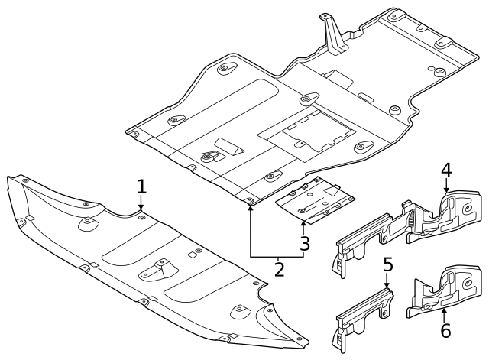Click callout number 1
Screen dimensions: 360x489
[x=141, y=186]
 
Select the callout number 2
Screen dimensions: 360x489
[x=280, y=269]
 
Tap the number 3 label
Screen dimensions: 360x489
[x=304, y=245]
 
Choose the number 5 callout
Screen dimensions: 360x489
[x=387, y=265]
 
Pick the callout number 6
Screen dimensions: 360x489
[x=445, y=330]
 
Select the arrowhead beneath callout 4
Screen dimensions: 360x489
[x=446, y=188]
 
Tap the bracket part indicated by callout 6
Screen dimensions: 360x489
[x=439, y=294]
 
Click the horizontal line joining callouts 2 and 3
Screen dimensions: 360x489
[x=277, y=256]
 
